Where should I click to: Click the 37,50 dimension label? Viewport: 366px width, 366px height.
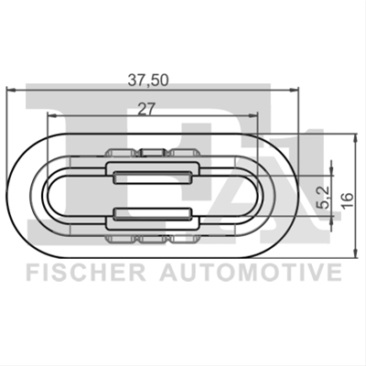[x=147, y=81]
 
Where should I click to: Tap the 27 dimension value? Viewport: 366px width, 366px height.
[x=146, y=109]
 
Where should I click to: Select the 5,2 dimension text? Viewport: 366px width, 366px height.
[x=324, y=197]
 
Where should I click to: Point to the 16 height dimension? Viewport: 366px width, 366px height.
[x=348, y=200]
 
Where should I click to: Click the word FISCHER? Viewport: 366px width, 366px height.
[x=86, y=273]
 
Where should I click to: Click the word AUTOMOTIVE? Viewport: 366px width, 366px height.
[x=251, y=273]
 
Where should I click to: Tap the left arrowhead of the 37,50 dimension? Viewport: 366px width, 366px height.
[x=11, y=90]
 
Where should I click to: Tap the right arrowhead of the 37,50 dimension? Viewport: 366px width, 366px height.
[x=294, y=90]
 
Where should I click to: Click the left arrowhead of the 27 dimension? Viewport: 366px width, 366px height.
[x=53, y=115]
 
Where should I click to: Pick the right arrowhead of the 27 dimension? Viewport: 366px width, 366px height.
[x=253, y=115]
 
